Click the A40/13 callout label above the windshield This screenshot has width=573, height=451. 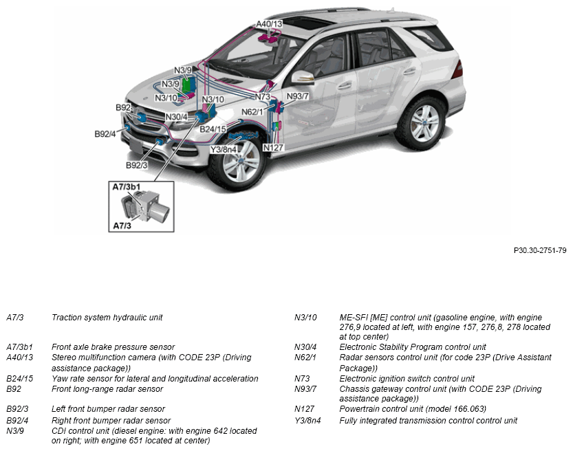point(270,24)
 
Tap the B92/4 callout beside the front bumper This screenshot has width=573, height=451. point(105,133)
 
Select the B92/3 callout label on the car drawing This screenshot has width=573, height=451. point(136,166)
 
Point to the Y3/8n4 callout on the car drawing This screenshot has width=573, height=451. point(224,149)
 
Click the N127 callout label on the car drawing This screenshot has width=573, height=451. point(274,147)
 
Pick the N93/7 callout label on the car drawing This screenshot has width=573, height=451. point(298,96)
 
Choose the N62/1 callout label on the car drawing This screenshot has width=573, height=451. point(252,111)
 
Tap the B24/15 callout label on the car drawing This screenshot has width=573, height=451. point(213,129)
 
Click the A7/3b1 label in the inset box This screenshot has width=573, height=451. point(127,186)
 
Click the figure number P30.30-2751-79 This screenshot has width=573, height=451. point(539,251)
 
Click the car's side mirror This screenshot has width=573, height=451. point(303,76)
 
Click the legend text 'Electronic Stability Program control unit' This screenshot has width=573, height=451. point(413,347)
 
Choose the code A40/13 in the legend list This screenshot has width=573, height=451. point(19,357)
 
